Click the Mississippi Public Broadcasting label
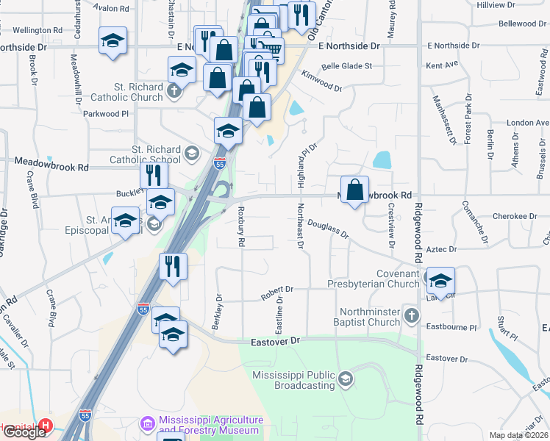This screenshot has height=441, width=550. (293, 380)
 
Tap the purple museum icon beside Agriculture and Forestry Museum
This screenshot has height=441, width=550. (146, 424)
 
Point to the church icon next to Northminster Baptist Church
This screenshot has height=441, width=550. (412, 317)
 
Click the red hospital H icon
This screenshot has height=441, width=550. (46, 426)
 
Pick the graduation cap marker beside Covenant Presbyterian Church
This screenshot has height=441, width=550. (440, 281)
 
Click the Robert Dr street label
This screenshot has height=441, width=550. (276, 293)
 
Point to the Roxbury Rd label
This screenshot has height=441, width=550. (240, 221)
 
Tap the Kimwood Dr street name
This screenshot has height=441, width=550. (322, 81)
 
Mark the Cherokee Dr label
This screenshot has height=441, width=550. (515, 216)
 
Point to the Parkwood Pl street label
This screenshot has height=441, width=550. (106, 114)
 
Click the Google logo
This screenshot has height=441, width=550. (24, 431)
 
